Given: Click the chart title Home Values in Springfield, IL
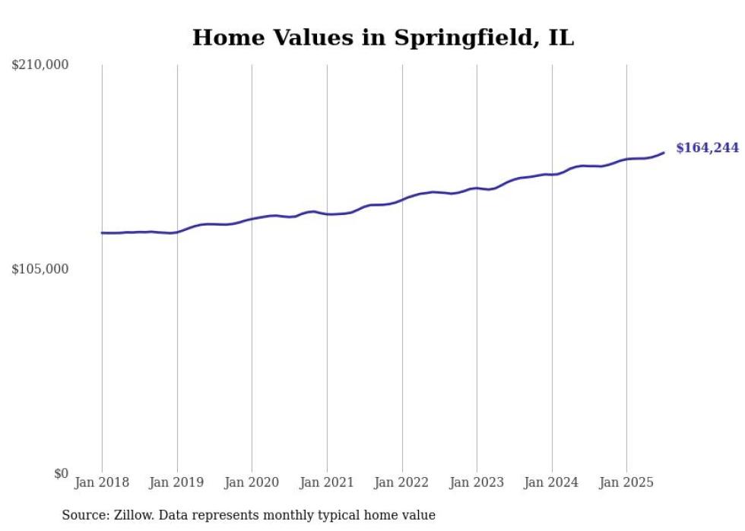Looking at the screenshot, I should pyautogui.click(x=383, y=38).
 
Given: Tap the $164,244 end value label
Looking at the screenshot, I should pyautogui.click(x=707, y=148).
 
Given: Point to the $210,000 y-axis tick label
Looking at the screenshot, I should pyautogui.click(x=40, y=65).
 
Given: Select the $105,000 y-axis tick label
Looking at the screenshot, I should pyautogui.click(x=40, y=269).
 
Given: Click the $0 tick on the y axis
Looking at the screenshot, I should pyautogui.click(x=61, y=473).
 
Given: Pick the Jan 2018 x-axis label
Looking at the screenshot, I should pyautogui.click(x=102, y=482).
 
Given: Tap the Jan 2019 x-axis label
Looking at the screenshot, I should pyautogui.click(x=176, y=482).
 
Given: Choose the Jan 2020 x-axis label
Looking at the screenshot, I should pyautogui.click(x=252, y=482).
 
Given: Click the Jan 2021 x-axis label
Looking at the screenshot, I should pyautogui.click(x=327, y=482).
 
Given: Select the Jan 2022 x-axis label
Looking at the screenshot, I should pyautogui.click(x=401, y=482).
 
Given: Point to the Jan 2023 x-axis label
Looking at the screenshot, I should pyautogui.click(x=477, y=482).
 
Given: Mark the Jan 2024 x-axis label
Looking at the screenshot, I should pyautogui.click(x=552, y=482).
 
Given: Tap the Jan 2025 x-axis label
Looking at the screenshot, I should pyautogui.click(x=626, y=482).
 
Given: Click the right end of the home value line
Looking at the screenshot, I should pyautogui.click(x=664, y=153).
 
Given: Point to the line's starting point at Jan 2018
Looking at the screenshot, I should pyautogui.click(x=102, y=232).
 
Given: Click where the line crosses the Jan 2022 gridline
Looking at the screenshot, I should pyautogui.click(x=402, y=199).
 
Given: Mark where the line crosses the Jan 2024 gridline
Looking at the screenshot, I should pyautogui.click(x=552, y=175).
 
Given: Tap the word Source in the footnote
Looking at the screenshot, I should pyautogui.click(x=83, y=515).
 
